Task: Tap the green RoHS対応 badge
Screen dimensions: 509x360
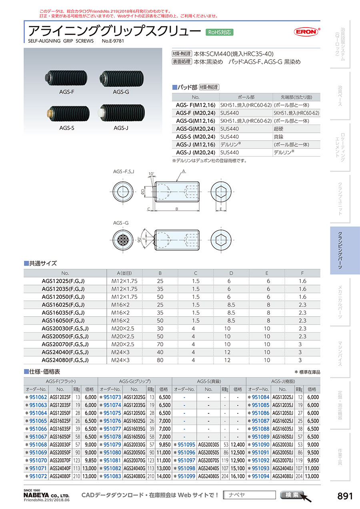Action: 219,32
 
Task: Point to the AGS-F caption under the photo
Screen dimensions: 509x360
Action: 67,92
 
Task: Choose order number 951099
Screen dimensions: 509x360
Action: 186,476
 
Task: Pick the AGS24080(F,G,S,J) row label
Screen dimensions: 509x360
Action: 65,360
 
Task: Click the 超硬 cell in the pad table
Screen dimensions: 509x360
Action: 279,128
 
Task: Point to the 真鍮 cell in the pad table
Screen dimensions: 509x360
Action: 279,136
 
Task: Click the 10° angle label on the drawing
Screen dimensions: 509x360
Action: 150,175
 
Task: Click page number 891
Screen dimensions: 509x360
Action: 345,496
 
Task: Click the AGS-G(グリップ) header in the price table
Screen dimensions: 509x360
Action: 135,381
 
